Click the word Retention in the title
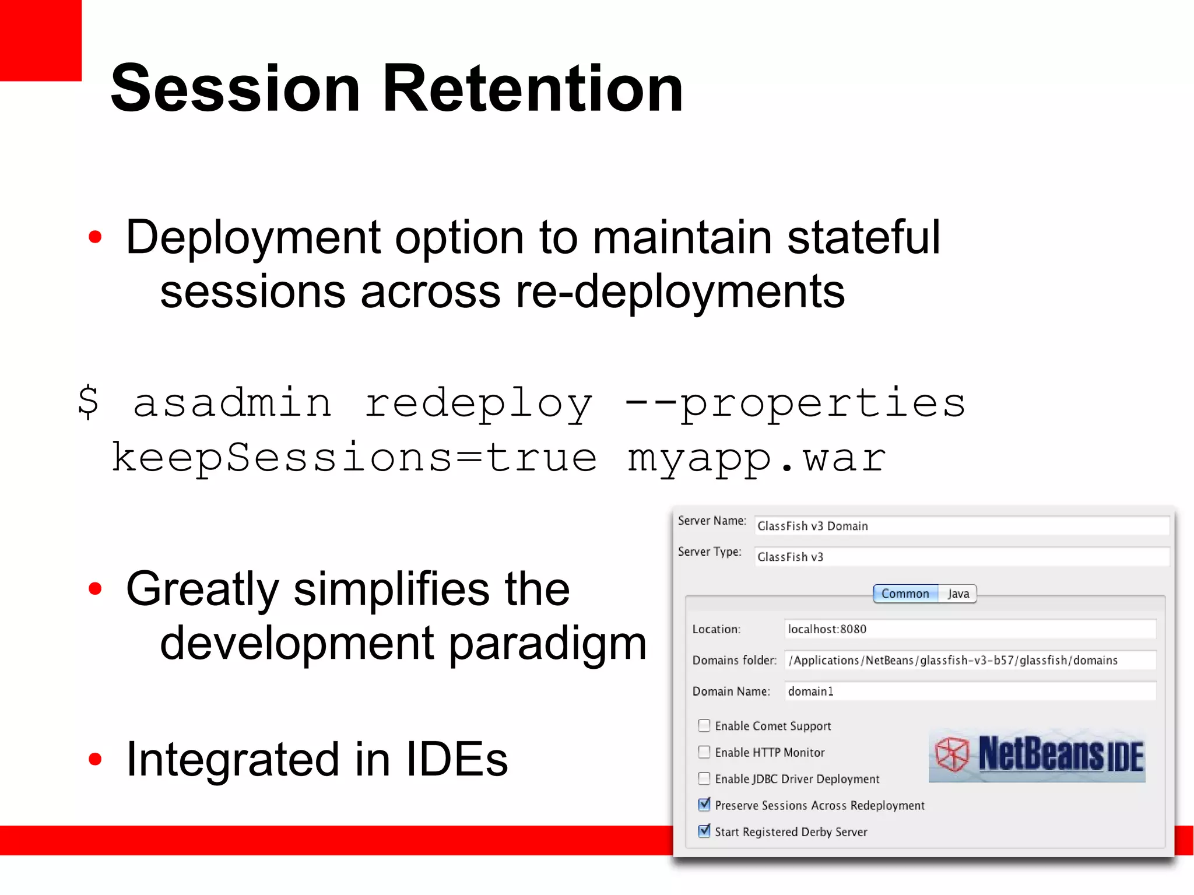point(532,89)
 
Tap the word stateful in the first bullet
point(863,237)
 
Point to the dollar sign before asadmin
point(88,402)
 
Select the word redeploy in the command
point(478,404)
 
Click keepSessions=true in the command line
point(354,458)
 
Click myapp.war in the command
point(756,458)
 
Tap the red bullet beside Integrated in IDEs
point(95,759)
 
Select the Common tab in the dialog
point(905,594)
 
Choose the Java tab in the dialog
point(958,594)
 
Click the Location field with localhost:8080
point(969,629)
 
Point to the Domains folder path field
point(969,660)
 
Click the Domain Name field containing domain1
point(969,692)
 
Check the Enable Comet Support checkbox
point(704,725)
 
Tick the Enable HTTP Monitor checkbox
point(704,752)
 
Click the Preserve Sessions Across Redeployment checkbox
point(704,805)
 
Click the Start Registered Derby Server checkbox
point(704,831)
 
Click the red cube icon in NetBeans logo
point(951,754)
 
